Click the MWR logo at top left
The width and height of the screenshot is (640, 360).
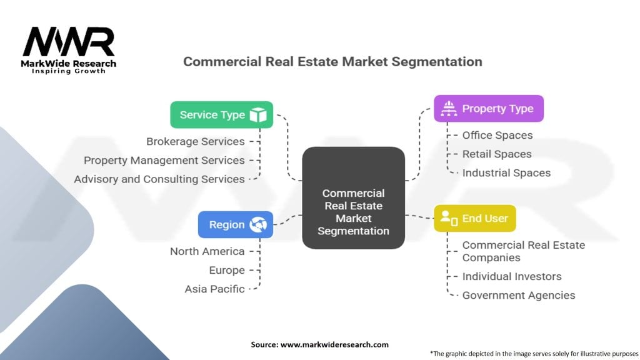[x=69, y=47]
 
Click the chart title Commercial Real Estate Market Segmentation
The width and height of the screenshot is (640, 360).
[x=332, y=62]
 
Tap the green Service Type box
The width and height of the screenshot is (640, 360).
[x=222, y=115]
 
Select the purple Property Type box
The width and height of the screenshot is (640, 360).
[x=489, y=109]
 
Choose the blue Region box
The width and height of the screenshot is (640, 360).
[x=236, y=225]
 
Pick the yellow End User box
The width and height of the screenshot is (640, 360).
[x=475, y=219]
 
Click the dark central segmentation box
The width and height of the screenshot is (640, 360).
[x=353, y=197]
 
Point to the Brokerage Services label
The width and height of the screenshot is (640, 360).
[x=195, y=142]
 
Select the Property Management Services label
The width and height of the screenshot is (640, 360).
[x=164, y=161]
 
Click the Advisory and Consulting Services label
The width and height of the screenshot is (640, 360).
[x=159, y=179]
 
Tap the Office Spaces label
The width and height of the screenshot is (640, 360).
[x=497, y=136]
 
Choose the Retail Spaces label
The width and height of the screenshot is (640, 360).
[x=497, y=154]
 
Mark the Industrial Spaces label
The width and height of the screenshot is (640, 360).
[x=506, y=173]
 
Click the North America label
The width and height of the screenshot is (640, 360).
[x=207, y=252]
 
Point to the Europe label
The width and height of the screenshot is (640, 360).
[x=227, y=271]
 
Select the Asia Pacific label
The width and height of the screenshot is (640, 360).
[x=214, y=289]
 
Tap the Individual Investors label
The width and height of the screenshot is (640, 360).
[x=512, y=277]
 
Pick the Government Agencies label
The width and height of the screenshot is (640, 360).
[x=519, y=296]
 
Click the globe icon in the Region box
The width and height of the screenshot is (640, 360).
[x=258, y=225]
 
